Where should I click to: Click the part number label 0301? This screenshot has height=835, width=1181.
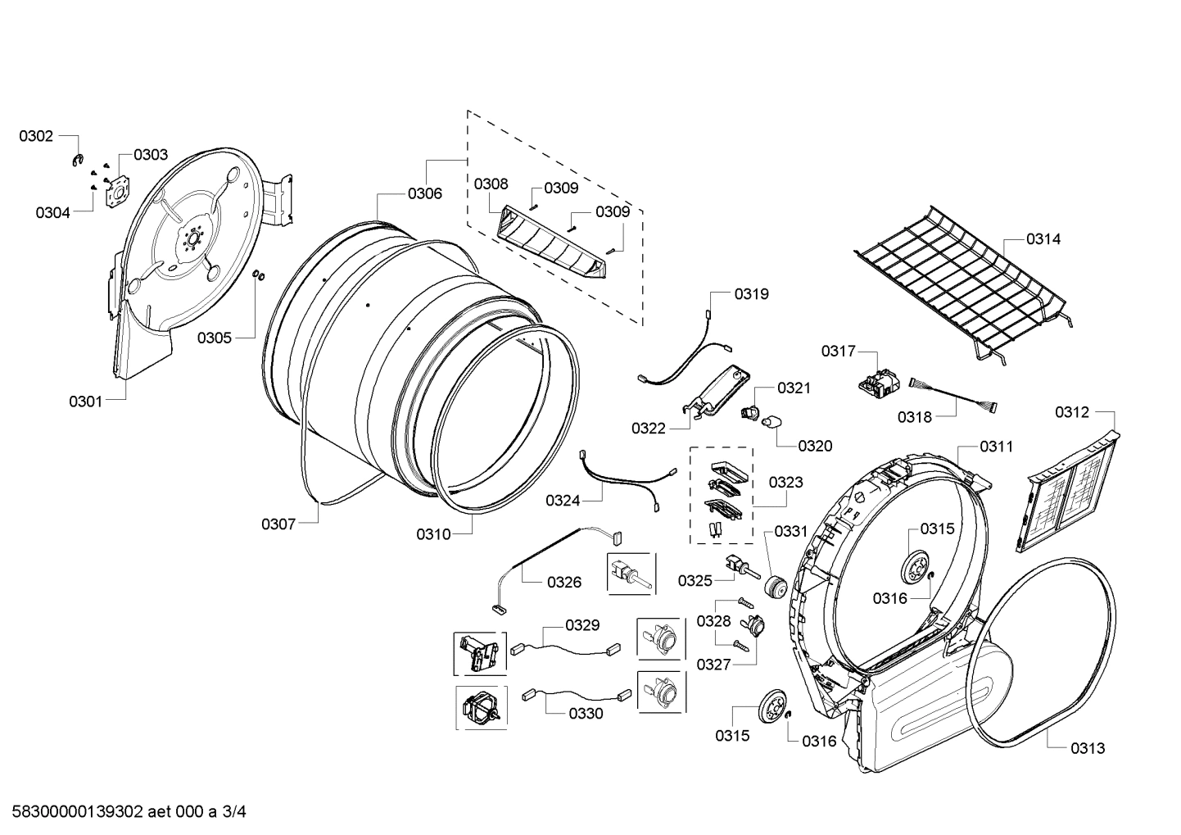(x=85, y=401)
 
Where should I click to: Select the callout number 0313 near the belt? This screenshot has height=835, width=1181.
(x=1087, y=747)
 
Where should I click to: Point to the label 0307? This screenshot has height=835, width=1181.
(x=278, y=524)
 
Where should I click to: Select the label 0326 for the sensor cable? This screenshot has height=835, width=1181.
(x=563, y=582)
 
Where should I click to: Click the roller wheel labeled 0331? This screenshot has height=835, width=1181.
(x=775, y=587)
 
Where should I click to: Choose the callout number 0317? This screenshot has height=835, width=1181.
(x=838, y=351)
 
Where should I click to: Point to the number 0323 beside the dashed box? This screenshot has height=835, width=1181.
(x=785, y=483)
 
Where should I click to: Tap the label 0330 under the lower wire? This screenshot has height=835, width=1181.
(x=586, y=713)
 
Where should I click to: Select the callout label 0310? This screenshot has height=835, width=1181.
(x=432, y=534)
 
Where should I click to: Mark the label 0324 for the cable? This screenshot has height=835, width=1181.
(x=563, y=500)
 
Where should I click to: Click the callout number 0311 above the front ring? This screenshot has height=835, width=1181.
(x=996, y=447)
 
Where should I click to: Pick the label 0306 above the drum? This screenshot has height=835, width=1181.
(x=424, y=193)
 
